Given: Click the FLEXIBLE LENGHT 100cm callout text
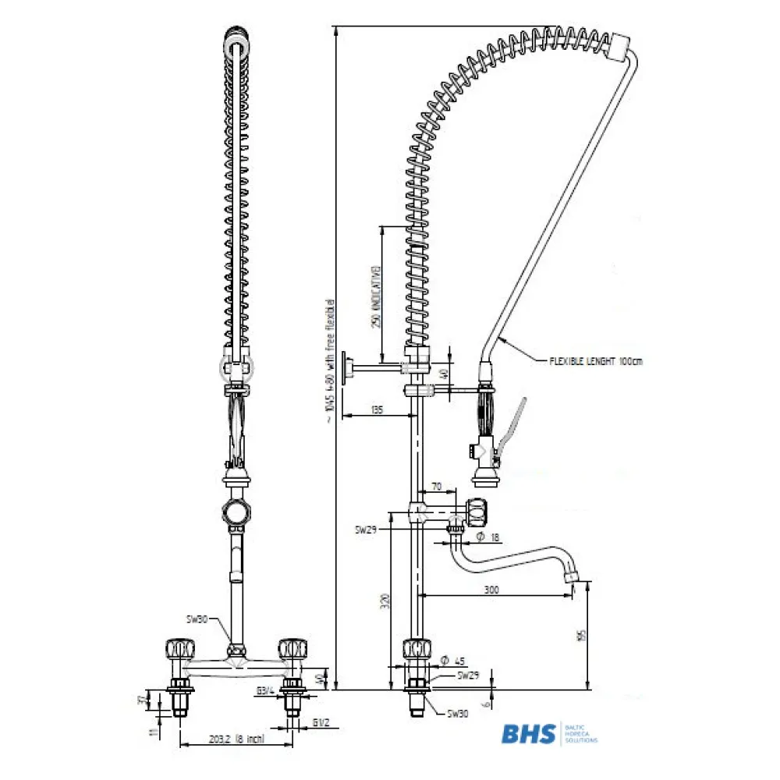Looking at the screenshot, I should tap(596, 361).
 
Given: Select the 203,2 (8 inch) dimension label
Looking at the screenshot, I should tap(225, 739).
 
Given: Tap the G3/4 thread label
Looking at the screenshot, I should tap(266, 689).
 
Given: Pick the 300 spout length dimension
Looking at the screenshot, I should tap(491, 590).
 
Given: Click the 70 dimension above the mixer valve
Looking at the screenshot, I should tap(437, 487).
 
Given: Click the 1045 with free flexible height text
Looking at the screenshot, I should tap(329, 359).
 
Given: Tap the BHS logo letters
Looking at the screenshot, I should tap(528, 734).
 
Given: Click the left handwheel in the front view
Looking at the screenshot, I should tap(177, 648).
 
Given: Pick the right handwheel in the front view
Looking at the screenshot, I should tap(292, 647).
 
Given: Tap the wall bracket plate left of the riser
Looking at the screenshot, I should tap(353, 367).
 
